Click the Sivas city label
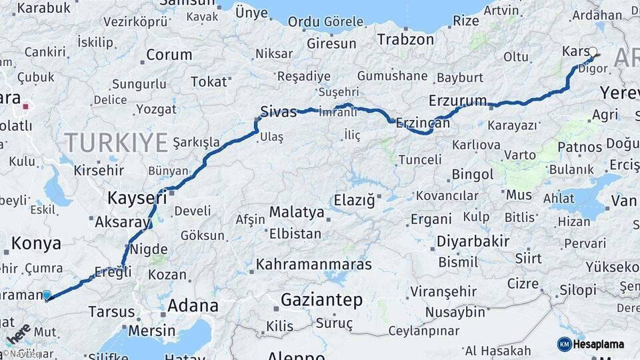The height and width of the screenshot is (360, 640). tap(278, 111)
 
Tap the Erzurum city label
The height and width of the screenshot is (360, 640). tap(457, 101)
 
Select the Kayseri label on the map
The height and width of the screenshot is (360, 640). tap(137, 197)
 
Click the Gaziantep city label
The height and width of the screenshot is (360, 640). tap(321, 300)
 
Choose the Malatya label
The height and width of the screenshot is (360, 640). tap(297, 213)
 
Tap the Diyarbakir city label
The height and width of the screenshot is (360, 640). tap(473, 241)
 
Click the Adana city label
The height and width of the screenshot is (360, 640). tap(193, 306)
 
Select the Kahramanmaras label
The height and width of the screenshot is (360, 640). tap(313, 264)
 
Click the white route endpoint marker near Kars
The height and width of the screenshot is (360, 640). tap(593, 51)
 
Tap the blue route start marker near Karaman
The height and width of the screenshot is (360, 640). tap(46, 295)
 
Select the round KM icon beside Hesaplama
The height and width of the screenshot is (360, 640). tap(564, 344)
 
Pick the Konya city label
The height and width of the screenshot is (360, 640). tap(36, 243)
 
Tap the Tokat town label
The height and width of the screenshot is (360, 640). tap(209, 82)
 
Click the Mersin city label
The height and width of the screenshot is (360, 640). tap(151, 330)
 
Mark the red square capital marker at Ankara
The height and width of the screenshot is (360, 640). tap(25, 105)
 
